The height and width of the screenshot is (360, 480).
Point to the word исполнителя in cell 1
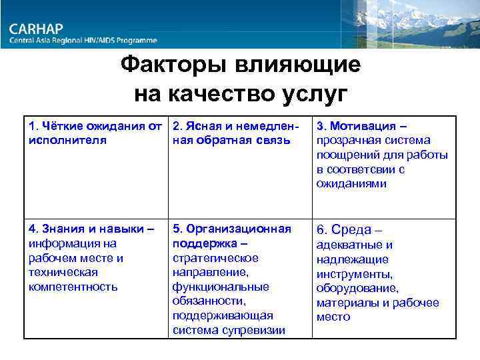pos(67,140)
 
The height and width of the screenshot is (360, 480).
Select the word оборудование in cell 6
pos(357,288)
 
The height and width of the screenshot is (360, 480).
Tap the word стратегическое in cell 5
pos(215,257)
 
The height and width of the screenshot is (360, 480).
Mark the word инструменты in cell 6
pos(353,274)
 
